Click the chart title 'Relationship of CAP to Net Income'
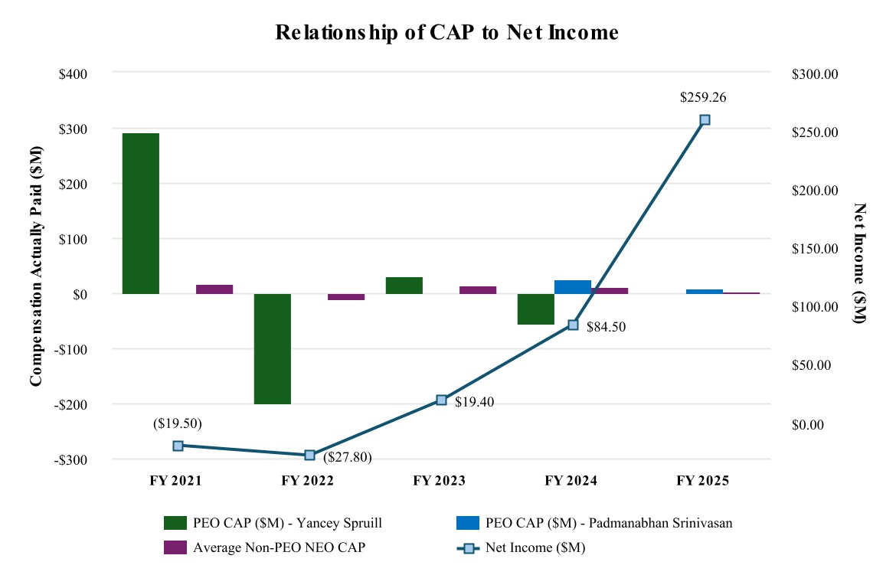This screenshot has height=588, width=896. pos(446,33)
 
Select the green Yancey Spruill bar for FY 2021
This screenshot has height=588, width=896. pos(141,213)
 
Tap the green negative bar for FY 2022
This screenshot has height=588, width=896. pos(273,348)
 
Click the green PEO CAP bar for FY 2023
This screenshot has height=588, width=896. pos(404,285)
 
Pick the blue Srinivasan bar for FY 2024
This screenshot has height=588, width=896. pos(573,286)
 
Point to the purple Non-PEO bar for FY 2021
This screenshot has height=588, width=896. pos(214,289)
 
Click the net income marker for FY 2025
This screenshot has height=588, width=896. pos(705,119)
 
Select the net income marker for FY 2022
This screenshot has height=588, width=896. pos(310,455)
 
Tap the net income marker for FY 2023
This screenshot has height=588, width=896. pos(441,400)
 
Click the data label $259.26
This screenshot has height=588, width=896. pos(704,97)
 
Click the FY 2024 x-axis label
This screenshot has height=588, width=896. pos(571,482)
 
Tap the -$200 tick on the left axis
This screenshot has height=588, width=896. pos(72,404)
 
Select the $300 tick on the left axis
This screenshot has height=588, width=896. pos(74,129)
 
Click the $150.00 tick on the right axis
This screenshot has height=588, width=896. pos(816,249)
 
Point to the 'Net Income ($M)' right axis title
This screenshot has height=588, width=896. pos(858,264)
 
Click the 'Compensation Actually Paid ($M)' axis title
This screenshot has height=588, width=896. pos(35,265)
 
